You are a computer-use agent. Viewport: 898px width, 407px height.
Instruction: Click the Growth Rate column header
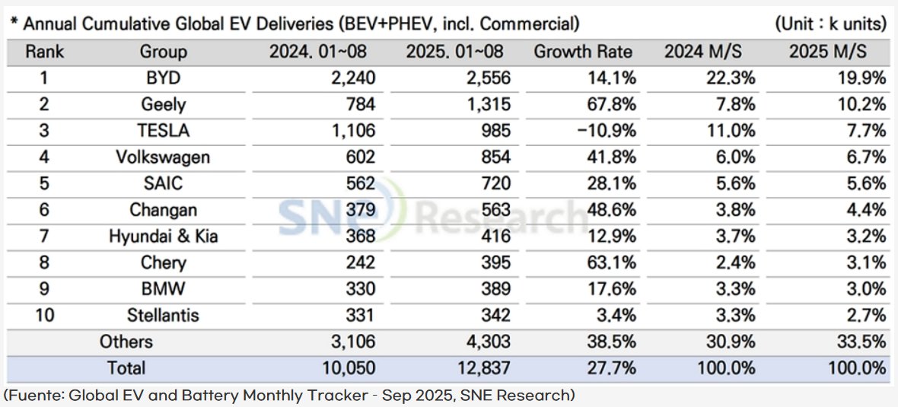[x=583, y=52]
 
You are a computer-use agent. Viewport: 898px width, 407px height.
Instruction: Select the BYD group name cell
[x=163, y=78]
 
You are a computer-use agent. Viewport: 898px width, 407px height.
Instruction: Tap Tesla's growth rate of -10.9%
[x=607, y=130]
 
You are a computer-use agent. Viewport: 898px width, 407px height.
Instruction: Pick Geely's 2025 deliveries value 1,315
[x=486, y=104]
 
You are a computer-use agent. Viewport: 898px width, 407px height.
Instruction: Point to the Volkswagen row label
[x=163, y=157]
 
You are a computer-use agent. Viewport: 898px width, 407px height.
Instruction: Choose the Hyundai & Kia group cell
[x=163, y=236]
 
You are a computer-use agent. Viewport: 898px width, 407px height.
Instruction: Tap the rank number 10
[x=45, y=315]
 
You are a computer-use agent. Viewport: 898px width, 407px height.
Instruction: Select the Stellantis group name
[x=163, y=315]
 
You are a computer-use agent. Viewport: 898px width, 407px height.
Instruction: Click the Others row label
[x=126, y=342]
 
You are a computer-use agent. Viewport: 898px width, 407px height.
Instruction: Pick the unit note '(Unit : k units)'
[x=831, y=24]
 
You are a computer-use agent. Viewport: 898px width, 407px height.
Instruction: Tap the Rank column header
[x=45, y=52]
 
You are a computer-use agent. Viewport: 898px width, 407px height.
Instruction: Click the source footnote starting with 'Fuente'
[x=289, y=396]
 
